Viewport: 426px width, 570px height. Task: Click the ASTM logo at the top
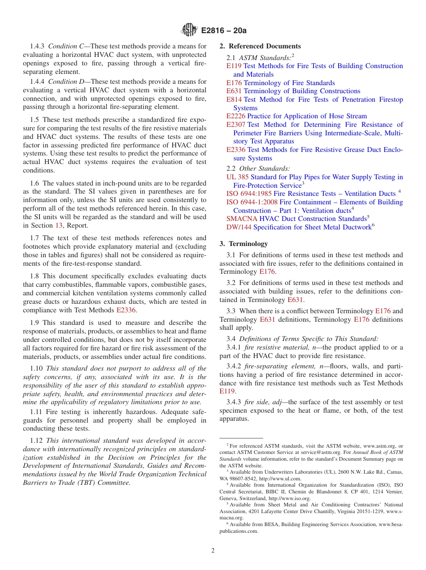point(189,30)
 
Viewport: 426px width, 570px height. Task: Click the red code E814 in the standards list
point(234,99)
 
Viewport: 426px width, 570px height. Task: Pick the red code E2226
point(236,116)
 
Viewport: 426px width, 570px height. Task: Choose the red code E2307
point(236,125)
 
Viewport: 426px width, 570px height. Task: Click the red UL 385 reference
point(237,177)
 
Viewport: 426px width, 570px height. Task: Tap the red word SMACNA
point(242,219)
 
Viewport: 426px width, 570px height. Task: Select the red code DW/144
point(239,227)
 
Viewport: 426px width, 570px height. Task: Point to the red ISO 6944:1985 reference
point(249,194)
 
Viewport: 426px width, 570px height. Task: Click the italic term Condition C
point(67,46)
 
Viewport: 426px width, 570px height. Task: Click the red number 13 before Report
point(58,225)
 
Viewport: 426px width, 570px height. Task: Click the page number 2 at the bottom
point(213,550)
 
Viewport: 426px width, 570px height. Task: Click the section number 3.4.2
point(234,366)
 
